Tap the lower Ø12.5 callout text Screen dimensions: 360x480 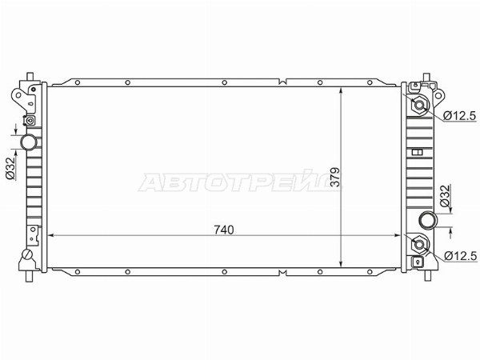pos(459,255)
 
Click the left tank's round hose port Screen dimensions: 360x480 pos(30,142)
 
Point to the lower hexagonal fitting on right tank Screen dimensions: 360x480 pos(419,246)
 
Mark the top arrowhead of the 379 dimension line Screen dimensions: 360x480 pos(342,87)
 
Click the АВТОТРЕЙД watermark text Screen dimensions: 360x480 pos(240,182)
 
